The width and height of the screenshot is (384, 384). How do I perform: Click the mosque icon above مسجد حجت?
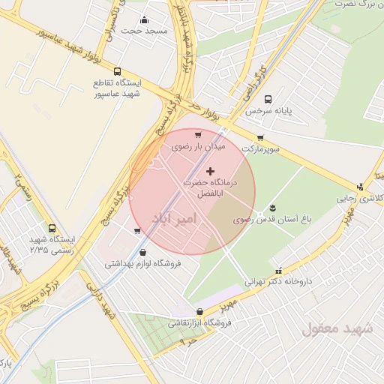pyautogui.click(x=144, y=20)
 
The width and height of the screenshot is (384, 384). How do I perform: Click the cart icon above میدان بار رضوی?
pyautogui.click(x=197, y=135)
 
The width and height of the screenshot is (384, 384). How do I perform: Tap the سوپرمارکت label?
pyautogui.click(x=260, y=149)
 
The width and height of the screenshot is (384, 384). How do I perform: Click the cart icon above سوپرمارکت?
pyautogui.click(x=260, y=138)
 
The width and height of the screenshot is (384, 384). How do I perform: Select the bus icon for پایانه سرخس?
pyautogui.click(x=268, y=98)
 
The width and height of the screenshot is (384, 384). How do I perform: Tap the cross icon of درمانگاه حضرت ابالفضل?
pyautogui.click(x=209, y=172)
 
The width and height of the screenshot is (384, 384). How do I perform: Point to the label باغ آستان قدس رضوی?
pyautogui.click(x=262, y=220)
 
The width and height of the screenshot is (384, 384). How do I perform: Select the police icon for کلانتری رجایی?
pyautogui.click(x=360, y=187)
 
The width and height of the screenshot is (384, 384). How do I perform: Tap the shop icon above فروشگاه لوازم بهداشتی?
pyautogui.click(x=142, y=253)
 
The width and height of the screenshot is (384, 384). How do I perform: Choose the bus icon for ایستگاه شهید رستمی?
pyautogui.click(x=52, y=228)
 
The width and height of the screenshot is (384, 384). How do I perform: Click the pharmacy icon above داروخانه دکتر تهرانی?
pyautogui.click(x=279, y=271)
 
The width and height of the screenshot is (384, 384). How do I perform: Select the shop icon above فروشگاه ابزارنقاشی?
pyautogui.click(x=199, y=311)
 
